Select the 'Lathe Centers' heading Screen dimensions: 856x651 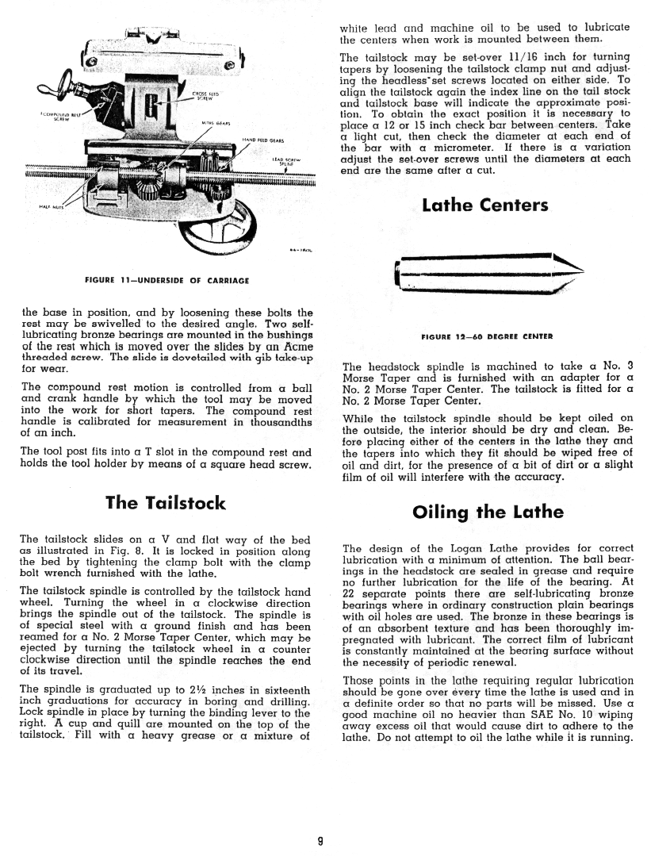coord(485,205)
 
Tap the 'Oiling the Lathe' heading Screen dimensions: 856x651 coord(488,512)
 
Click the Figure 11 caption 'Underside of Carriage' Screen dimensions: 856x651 coord(167,280)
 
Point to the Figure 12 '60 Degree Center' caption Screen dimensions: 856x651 coord(487,336)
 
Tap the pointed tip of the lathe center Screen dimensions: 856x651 coord(580,270)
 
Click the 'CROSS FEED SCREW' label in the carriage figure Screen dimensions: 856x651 coord(206,97)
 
